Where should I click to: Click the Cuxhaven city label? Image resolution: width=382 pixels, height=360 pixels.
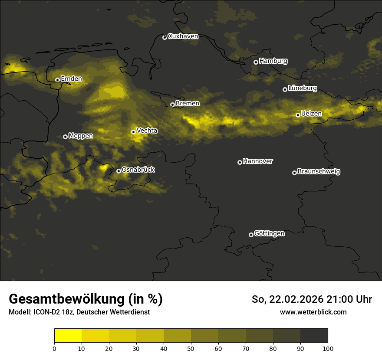tap(183, 36)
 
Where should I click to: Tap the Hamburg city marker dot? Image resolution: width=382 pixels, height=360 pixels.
tap(256, 62)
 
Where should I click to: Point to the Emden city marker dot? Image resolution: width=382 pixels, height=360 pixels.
tap(57, 80)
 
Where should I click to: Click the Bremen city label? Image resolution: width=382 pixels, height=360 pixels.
tap(188, 104)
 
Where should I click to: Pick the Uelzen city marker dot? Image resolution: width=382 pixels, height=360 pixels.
tap(298, 115)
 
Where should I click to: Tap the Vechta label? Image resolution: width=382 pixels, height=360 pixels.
tap(147, 131)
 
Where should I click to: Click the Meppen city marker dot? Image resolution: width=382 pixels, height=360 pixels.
tap(65, 137)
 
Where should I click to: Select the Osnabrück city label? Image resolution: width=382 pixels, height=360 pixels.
tap(138, 170)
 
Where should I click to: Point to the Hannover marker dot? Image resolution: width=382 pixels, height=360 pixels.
tap(240, 162)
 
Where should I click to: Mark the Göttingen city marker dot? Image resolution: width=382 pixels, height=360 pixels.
tap(251, 235)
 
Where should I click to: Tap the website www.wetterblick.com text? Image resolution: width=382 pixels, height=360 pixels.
tap(313, 312)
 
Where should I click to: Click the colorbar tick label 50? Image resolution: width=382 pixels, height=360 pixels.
tap(191, 348)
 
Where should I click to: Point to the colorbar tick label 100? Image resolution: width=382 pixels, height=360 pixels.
tap(328, 348)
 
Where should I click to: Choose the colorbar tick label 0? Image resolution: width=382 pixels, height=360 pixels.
tap(54, 348)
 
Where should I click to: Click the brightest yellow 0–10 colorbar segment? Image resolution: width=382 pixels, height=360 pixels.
tap(68, 336)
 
